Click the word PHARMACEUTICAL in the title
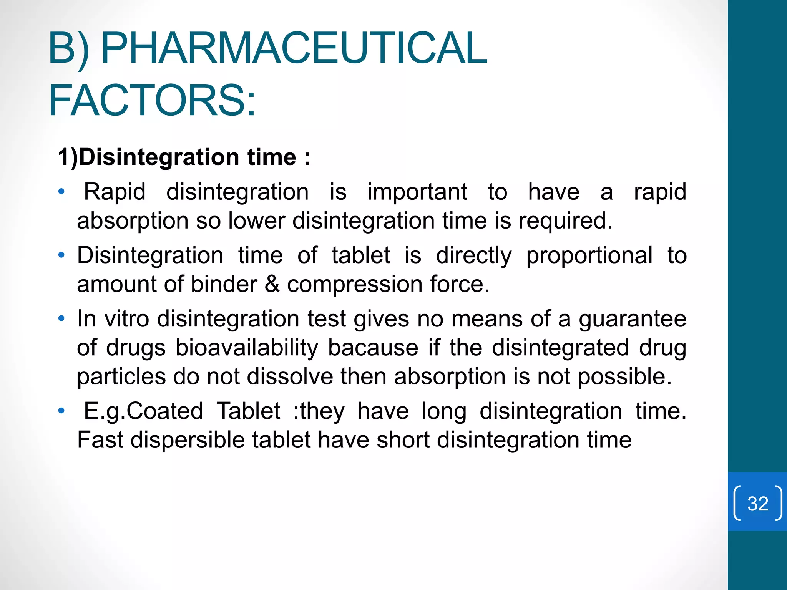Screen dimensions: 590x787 tap(294, 48)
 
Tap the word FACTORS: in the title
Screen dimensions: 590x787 tap(152, 101)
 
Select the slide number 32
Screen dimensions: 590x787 tap(758, 503)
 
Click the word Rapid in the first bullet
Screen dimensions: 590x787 tap(115, 192)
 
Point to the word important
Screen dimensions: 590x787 tap(417, 192)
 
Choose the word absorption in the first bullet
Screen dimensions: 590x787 tap(133, 221)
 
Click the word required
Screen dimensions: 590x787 tap(565, 221)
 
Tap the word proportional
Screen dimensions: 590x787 tap(589, 255)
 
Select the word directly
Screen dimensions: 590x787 tap(473, 255)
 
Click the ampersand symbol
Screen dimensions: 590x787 tap(272, 284)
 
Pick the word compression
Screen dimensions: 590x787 tap(355, 284)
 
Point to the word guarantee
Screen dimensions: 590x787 tap(632, 319)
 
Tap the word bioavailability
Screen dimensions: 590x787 tap(247, 348)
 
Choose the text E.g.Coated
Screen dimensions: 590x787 tap(143, 411)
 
